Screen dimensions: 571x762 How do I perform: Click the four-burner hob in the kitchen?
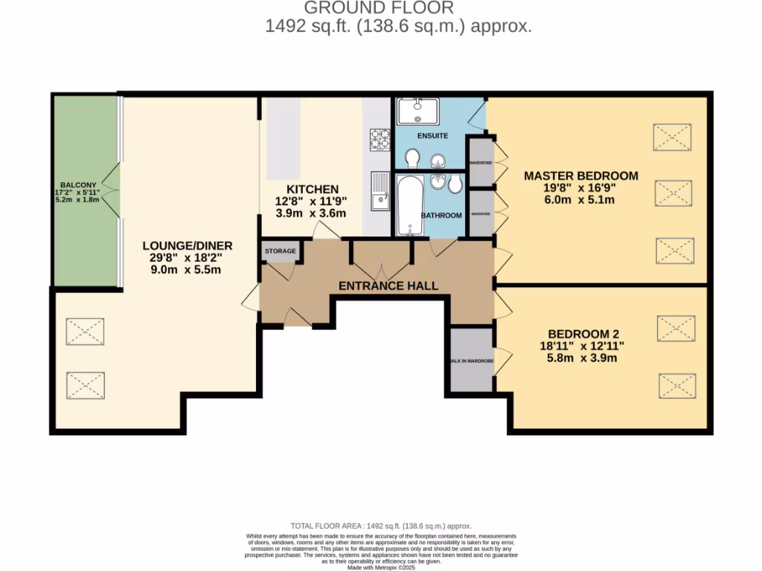(380, 140)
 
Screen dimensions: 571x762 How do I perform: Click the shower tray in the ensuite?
(417, 112)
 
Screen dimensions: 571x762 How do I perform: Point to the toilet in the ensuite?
(412, 158)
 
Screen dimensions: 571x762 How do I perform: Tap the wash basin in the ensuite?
(438, 158)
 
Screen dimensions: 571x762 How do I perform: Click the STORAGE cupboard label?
(280, 251)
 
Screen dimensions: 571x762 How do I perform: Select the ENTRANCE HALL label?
(388, 285)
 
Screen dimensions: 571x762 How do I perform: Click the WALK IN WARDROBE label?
(471, 361)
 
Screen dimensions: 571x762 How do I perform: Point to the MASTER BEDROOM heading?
(580, 176)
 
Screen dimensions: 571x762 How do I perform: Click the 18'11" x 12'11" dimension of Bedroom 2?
(582, 346)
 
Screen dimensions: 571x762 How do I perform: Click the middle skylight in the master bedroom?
(673, 194)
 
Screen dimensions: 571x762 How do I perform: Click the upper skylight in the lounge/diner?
(85, 332)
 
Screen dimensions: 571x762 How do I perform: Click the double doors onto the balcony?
(112, 190)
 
